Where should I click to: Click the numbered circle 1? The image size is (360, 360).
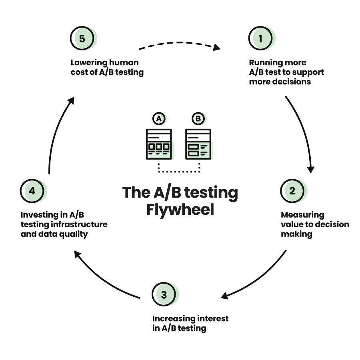pos(260,39)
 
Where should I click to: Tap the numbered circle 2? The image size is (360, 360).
pos(292,191)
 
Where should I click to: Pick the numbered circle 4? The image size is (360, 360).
pos(32,191)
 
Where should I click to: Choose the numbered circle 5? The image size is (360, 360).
pos(82,39)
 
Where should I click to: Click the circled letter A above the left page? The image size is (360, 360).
pos(159,119)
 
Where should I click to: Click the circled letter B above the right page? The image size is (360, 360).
pos(198,119)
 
